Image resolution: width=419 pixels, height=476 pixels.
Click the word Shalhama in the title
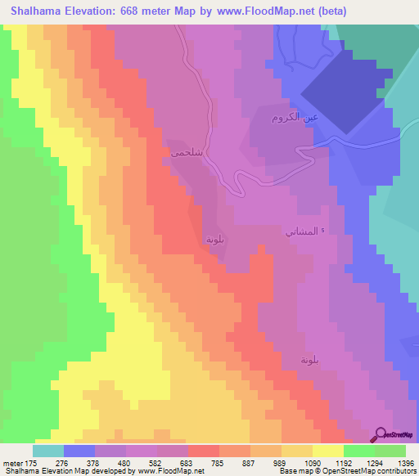[41, 11]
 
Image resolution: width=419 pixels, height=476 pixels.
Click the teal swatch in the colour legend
[48, 451]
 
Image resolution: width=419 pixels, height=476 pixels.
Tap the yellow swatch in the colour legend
[328, 451]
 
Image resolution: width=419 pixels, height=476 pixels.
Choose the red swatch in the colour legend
[204, 451]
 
